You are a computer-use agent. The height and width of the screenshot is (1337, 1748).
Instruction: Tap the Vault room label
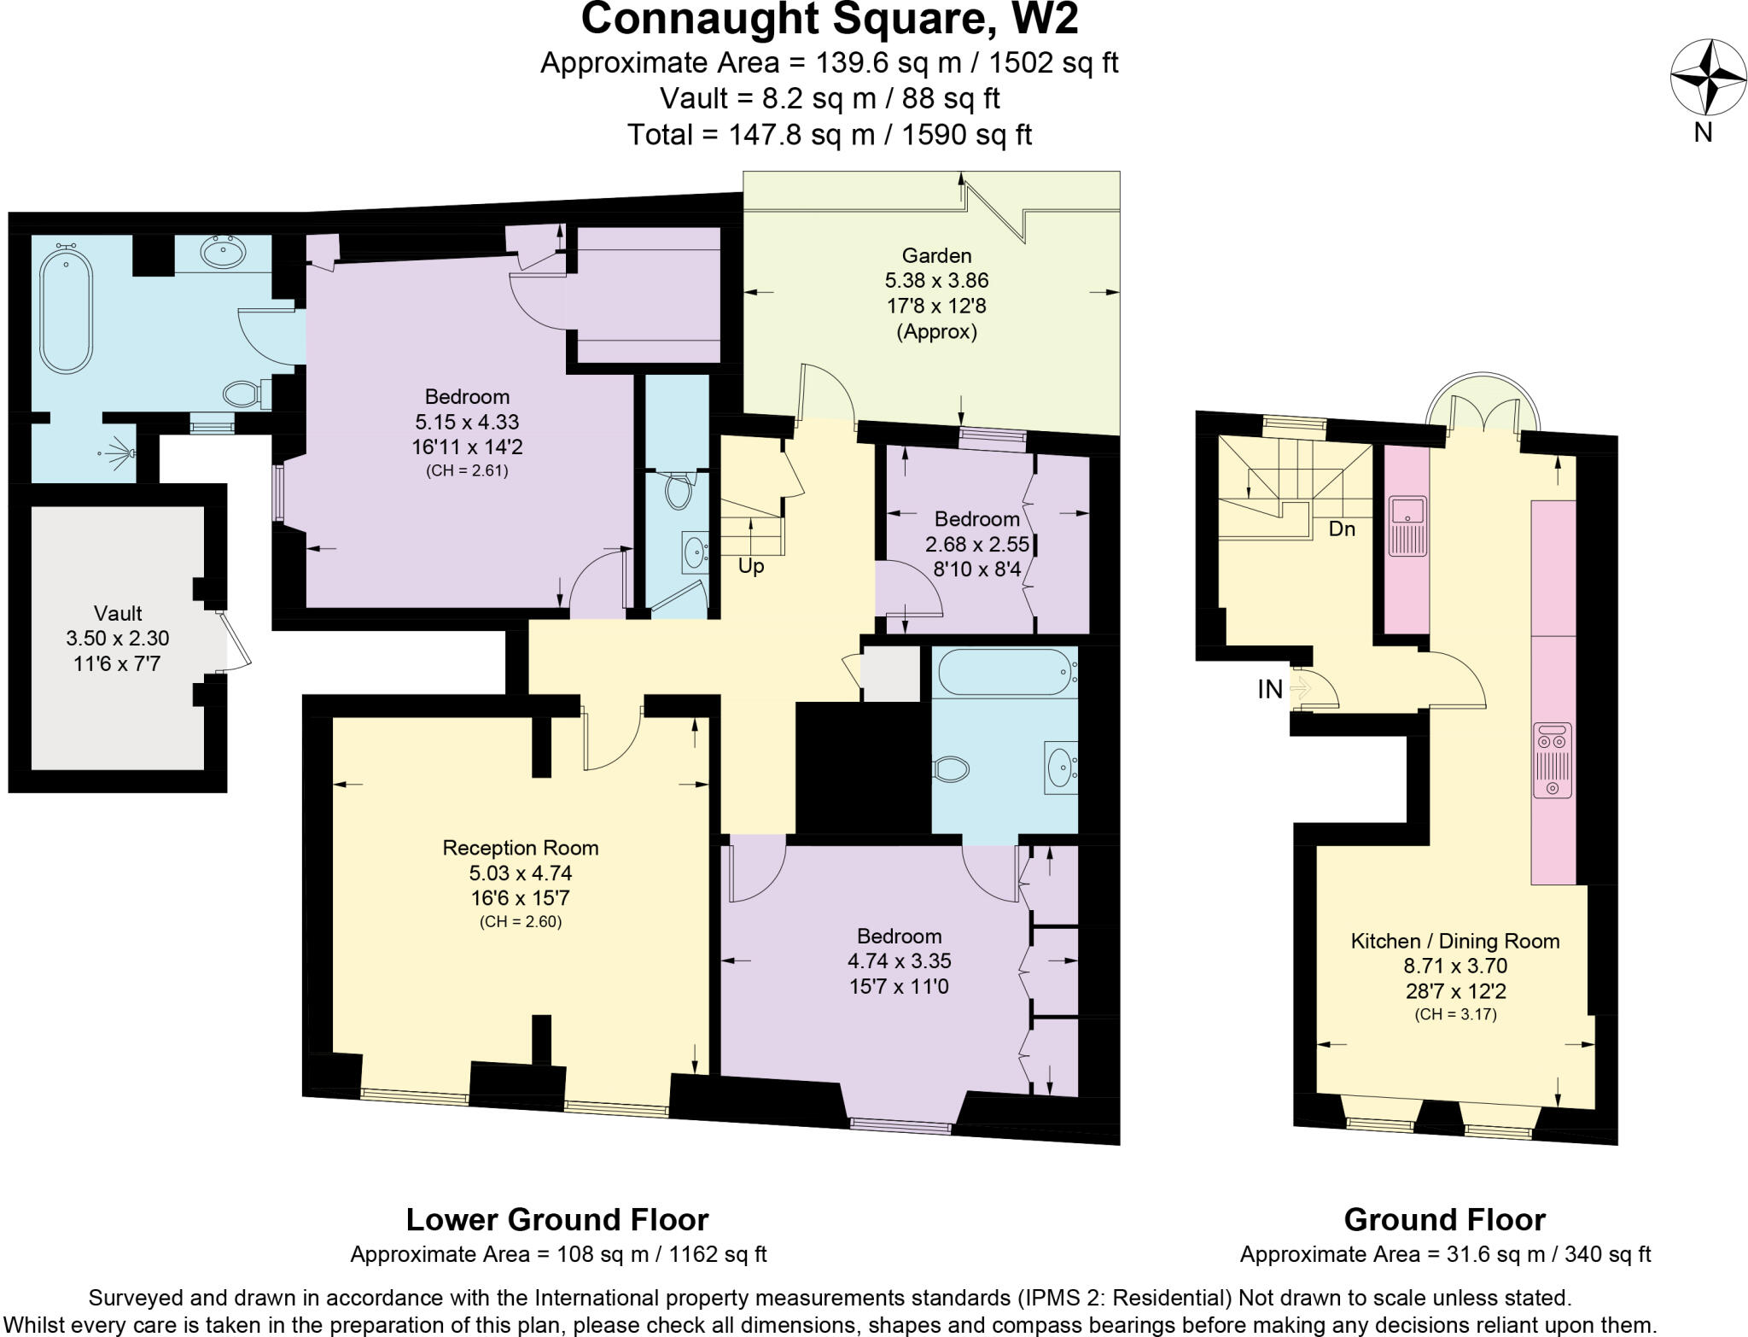(118, 613)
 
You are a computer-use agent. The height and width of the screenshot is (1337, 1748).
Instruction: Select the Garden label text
(936, 255)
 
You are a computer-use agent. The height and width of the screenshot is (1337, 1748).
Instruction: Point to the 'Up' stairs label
(751, 566)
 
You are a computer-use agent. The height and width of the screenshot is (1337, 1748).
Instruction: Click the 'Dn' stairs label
(1342, 529)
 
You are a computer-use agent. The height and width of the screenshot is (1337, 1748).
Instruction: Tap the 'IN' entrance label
(1269, 690)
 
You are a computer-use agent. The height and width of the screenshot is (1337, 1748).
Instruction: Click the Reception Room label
(520, 848)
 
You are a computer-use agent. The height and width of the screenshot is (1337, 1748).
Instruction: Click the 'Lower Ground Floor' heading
(556, 1219)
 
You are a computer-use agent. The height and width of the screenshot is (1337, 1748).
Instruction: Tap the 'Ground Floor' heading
(1444, 1219)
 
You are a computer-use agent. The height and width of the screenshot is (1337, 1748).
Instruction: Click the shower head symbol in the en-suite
(117, 453)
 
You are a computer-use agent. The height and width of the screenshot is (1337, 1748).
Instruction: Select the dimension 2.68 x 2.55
(977, 544)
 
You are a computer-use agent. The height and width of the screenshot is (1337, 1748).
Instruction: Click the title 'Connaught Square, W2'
(829, 19)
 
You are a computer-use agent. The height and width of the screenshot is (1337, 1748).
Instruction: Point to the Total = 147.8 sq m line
(829, 134)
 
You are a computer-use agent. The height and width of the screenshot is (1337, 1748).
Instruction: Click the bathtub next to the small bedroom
(1005, 672)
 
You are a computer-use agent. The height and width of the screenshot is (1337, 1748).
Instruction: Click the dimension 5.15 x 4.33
(467, 422)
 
